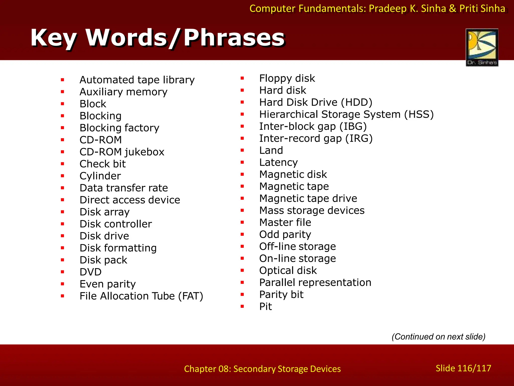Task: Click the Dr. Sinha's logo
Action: point(482,47)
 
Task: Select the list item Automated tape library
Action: point(137,80)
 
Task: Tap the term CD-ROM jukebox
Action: point(122,152)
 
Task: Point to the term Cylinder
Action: point(100,176)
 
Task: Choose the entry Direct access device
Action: point(130,200)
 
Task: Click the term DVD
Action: point(91,272)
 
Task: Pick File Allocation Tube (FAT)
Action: point(141,296)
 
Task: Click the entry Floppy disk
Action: point(287,78)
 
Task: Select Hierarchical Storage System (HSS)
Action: point(346,114)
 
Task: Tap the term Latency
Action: point(278,162)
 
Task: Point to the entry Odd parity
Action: point(285,234)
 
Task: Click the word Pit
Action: point(266,307)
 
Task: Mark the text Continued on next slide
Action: point(438,336)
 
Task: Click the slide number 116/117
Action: point(463,368)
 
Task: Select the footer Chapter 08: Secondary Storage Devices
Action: point(262,369)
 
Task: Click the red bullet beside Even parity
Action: point(62,284)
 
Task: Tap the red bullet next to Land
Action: point(242,150)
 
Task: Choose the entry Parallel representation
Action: point(315,282)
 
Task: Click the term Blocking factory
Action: point(119,128)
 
